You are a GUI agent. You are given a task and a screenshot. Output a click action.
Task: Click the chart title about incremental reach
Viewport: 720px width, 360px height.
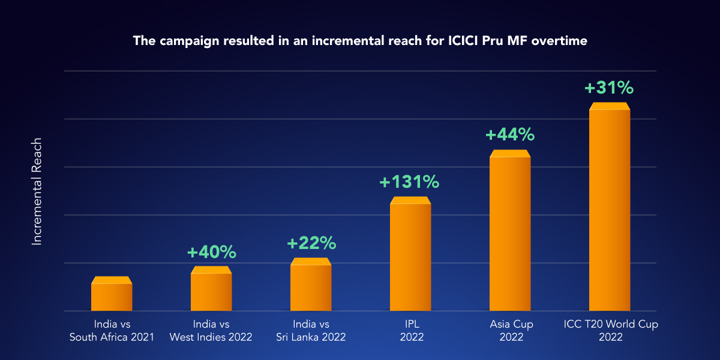coord(359,41)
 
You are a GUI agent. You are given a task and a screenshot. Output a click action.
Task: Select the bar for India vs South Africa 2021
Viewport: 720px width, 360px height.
coord(112,295)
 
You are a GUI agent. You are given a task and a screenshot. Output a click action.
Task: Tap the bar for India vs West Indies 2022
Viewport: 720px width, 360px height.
coord(211,290)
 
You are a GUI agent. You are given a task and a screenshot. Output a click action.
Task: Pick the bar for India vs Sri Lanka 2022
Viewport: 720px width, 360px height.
coord(311,286)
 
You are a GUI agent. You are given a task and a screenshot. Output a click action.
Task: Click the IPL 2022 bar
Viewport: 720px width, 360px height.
coord(410,255)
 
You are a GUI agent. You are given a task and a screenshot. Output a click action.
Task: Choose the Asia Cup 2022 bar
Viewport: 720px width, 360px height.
coord(510,232)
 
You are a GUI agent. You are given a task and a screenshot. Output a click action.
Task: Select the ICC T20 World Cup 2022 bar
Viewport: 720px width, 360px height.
coord(610,208)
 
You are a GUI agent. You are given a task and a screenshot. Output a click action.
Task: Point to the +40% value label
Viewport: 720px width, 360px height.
coord(212,253)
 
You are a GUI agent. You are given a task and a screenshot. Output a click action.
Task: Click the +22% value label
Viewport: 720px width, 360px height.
coord(311,243)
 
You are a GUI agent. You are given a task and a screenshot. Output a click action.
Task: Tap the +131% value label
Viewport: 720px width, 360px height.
coord(409,182)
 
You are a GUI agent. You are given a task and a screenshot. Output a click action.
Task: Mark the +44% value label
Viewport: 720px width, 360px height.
coord(509,134)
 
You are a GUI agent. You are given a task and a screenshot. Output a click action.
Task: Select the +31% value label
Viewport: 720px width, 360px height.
coord(609,88)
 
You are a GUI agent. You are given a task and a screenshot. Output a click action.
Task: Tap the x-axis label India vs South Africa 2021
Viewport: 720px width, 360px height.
coord(112,331)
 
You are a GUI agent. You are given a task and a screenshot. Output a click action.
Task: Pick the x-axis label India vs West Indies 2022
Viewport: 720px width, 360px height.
coord(211,331)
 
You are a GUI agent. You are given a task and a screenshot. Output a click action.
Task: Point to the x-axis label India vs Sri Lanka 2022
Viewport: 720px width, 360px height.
coord(311,331)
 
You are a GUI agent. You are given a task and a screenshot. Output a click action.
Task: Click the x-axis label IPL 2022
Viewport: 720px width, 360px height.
coord(412,331)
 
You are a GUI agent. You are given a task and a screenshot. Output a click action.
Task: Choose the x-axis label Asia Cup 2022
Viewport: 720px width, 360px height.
coord(511,331)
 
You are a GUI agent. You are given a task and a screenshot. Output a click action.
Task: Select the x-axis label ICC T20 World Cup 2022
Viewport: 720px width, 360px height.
coord(611,331)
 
